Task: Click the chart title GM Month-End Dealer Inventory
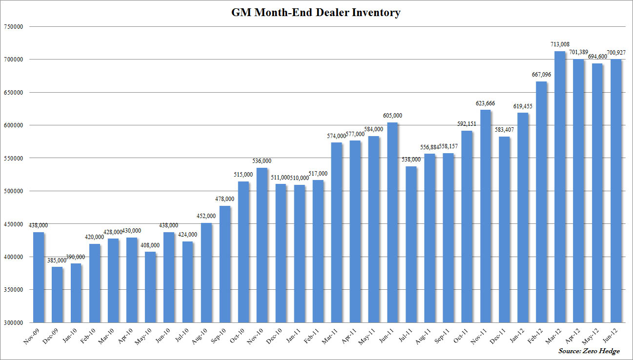[x=316, y=13]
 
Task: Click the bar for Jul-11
[x=410, y=244]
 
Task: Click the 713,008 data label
[x=559, y=44]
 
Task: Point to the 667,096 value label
[x=541, y=75]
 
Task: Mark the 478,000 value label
[x=225, y=199]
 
